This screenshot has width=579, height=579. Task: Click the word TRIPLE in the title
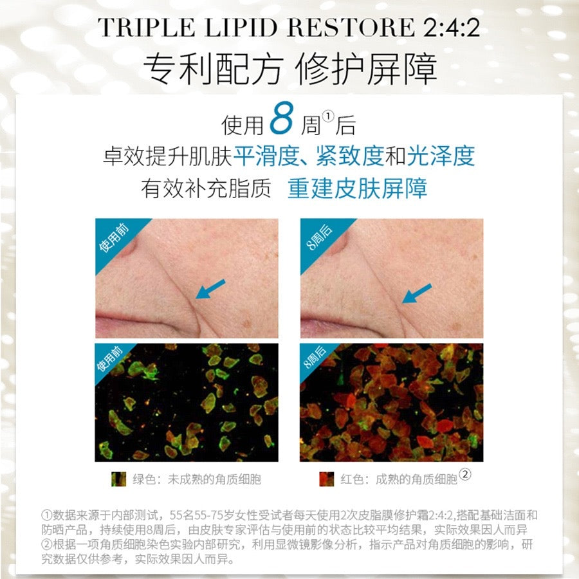146,27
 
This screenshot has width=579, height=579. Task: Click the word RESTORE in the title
351,27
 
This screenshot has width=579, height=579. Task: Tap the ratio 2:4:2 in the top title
451,27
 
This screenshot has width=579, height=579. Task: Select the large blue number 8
281,118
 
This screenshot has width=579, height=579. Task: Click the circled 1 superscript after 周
327,116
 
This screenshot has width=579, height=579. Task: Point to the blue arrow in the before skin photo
210,289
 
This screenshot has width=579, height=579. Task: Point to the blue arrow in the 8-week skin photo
416,293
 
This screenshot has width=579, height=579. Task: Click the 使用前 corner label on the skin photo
114,238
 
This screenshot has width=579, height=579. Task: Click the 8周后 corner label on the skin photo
320,237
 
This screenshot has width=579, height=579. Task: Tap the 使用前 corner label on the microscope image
109,358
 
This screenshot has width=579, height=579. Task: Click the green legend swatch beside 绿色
118,479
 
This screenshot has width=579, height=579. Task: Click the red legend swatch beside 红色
326,479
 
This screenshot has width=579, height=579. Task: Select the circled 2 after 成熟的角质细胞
465,474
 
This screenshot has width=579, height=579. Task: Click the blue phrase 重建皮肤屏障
358,188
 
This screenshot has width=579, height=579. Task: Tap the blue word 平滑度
266,156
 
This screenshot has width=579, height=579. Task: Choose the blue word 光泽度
441,156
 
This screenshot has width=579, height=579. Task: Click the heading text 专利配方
213,69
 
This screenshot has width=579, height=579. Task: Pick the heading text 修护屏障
366,69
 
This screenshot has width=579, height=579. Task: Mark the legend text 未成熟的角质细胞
214,479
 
